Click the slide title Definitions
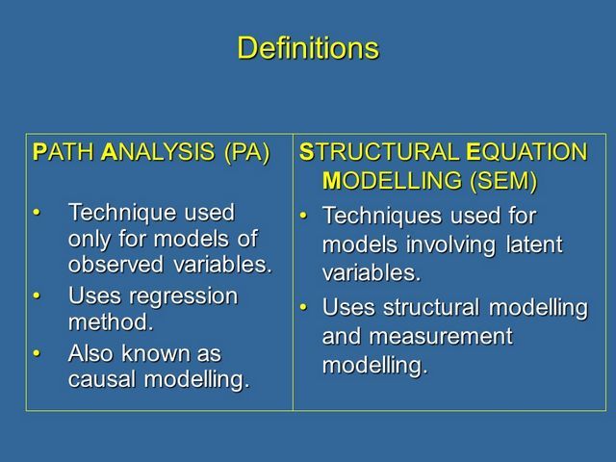pos(308,48)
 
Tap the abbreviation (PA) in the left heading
pos(247,152)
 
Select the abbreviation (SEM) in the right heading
pos(503,181)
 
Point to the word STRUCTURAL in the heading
pos(379,152)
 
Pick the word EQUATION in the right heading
pos(526,152)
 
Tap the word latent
pos(534,244)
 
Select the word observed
pos(115,264)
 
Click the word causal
pos(102,379)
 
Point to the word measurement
pos(441,337)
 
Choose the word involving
pos(450,246)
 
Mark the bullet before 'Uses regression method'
pos(37,295)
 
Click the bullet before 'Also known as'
pos(37,353)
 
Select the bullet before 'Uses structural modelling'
pos(303,307)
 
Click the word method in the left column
pos(111,322)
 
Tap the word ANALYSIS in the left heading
pos(158,152)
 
